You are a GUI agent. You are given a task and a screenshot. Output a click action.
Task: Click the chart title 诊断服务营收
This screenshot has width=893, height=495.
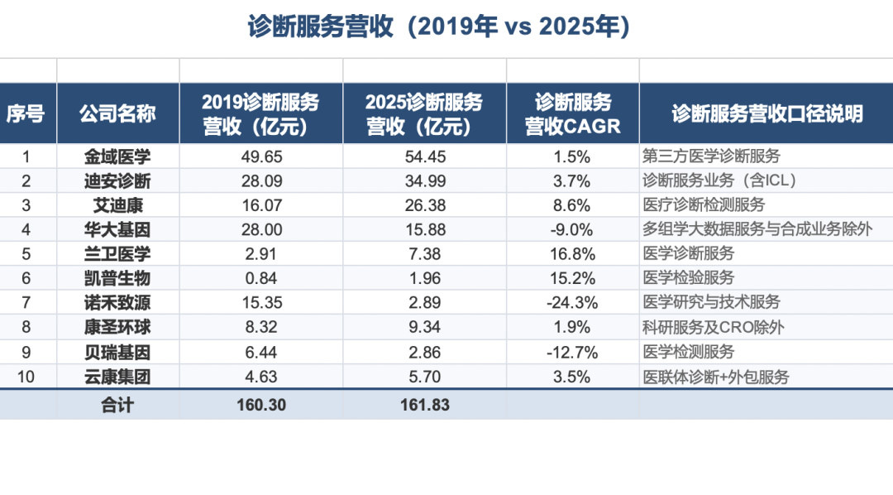(x=321, y=26)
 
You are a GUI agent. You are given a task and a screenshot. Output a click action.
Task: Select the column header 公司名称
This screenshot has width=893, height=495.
(x=117, y=113)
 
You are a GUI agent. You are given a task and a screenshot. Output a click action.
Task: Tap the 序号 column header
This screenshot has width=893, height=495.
(x=25, y=113)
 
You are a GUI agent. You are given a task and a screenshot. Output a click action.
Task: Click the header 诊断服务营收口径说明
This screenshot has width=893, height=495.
(x=767, y=113)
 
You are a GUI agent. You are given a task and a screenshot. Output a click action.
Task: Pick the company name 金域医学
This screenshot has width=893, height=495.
(x=117, y=156)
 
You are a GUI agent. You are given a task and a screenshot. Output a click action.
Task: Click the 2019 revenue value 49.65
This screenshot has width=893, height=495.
(x=261, y=156)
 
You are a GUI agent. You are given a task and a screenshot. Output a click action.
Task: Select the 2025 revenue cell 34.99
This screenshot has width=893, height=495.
(x=425, y=180)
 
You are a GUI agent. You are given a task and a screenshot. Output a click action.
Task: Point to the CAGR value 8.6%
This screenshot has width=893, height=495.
(x=572, y=205)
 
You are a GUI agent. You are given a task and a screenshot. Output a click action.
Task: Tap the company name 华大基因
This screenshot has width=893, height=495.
(x=117, y=230)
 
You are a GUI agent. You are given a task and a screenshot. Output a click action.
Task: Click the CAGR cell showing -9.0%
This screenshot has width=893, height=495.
(x=572, y=230)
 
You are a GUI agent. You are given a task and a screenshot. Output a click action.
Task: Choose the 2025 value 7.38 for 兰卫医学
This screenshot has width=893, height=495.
(x=425, y=254)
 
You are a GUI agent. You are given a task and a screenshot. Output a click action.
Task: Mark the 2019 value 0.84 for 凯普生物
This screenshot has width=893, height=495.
(x=261, y=278)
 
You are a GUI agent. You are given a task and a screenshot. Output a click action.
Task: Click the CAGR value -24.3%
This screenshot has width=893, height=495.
(x=572, y=303)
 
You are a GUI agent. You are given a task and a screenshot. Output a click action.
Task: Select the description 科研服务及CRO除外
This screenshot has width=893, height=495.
(x=714, y=327)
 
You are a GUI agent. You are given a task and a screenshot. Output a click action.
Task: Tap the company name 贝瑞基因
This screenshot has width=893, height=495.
(x=117, y=353)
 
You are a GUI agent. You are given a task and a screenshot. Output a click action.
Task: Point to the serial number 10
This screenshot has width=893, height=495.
(x=26, y=377)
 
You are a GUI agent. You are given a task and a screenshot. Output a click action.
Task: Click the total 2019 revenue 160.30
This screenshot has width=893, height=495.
(x=261, y=405)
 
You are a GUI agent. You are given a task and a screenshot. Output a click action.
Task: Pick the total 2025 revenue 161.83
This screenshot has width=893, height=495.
(x=425, y=405)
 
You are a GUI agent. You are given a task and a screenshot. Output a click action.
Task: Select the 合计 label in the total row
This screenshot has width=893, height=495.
(x=117, y=405)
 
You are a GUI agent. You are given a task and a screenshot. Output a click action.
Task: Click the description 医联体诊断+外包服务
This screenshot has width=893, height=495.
(x=716, y=377)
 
